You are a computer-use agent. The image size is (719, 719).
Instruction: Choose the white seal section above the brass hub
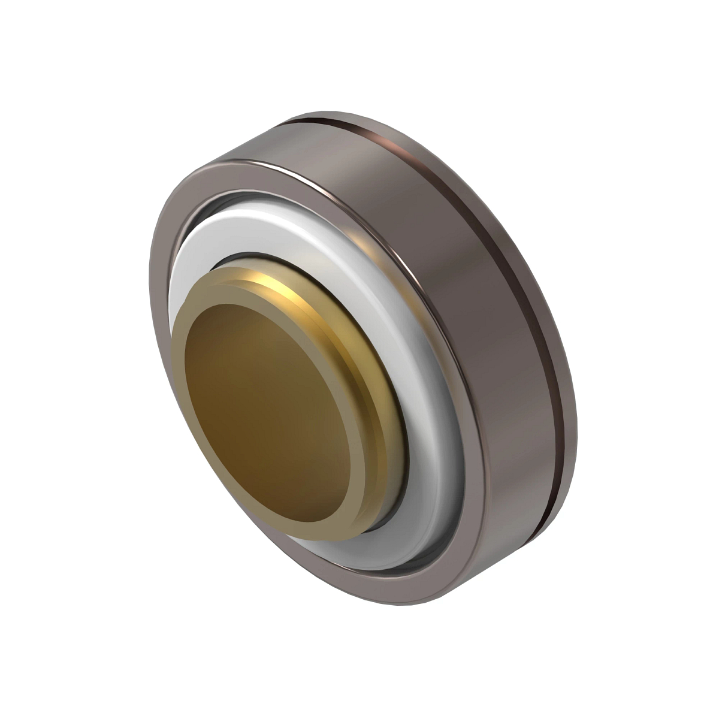240,234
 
